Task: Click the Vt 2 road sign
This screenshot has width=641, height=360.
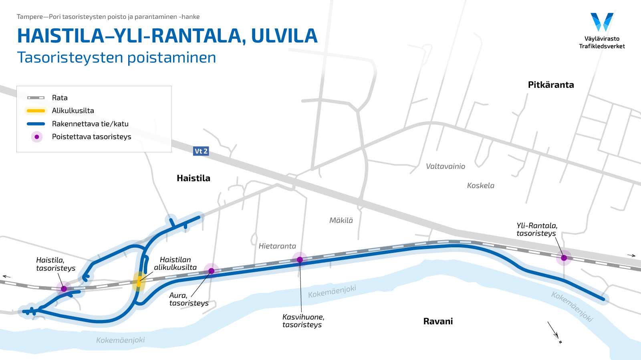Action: (x=201, y=151)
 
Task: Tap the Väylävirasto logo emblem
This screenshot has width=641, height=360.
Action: (x=602, y=22)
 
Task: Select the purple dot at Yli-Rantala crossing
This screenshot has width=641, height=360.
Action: (x=564, y=258)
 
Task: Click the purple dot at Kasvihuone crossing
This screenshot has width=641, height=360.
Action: (x=300, y=260)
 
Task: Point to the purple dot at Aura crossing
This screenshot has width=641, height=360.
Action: (x=212, y=271)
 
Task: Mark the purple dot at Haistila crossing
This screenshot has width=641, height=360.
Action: (x=64, y=289)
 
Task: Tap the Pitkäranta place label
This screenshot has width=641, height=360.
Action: (x=551, y=85)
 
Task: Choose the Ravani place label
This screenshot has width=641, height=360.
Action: (x=438, y=322)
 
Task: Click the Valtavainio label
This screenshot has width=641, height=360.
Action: (x=445, y=166)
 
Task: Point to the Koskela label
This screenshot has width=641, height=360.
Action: (x=480, y=186)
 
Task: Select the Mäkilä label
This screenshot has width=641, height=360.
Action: (x=341, y=220)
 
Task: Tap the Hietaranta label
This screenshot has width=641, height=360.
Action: (x=277, y=246)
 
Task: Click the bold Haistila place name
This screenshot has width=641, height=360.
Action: (x=194, y=178)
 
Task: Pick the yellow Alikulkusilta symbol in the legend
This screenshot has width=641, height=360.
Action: (x=36, y=111)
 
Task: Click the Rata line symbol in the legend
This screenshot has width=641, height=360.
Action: (x=36, y=98)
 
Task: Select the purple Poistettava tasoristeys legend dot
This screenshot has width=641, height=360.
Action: (x=37, y=137)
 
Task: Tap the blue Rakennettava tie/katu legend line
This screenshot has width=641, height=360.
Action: (x=36, y=124)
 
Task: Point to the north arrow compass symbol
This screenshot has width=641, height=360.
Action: (x=554, y=332)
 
